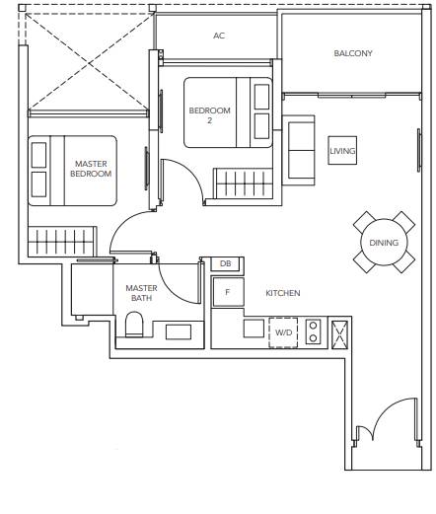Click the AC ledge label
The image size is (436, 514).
(x=219, y=36)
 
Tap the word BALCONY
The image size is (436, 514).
(x=353, y=53)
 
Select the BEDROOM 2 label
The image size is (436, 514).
(x=209, y=115)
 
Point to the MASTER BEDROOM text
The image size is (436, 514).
(x=91, y=169)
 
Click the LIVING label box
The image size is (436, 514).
(x=342, y=151)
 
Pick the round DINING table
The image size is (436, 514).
(x=384, y=243)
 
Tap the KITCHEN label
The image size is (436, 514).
(x=283, y=293)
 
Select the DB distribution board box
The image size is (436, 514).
(x=225, y=263)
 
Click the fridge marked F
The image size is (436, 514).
(x=228, y=292)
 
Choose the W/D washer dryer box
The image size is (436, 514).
(x=283, y=332)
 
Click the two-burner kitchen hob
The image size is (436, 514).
(x=314, y=331)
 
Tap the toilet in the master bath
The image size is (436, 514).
(x=134, y=325)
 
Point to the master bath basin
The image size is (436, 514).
(x=179, y=331)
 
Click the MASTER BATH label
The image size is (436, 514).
(x=141, y=293)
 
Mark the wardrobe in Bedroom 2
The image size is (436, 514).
(x=244, y=184)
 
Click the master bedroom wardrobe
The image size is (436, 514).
(x=62, y=242)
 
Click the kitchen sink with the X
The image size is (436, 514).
(x=339, y=335)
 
